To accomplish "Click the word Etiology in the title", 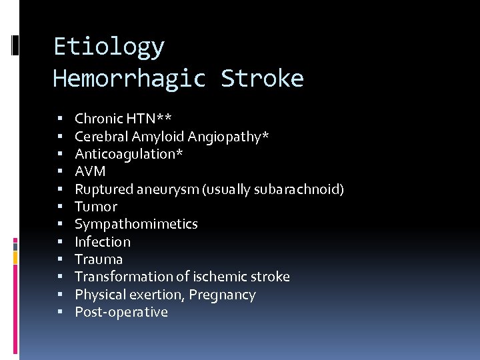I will click(x=109, y=47).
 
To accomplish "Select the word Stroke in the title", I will click(x=262, y=79).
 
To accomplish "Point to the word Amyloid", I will click(x=158, y=137).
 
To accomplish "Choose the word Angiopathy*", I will click(x=229, y=137).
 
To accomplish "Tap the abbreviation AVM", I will click(x=90, y=171).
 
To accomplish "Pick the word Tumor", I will click(x=95, y=207).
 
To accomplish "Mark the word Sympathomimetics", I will click(x=136, y=224).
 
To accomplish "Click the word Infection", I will click(x=103, y=241).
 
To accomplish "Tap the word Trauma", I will click(x=99, y=259).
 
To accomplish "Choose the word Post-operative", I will click(x=121, y=312).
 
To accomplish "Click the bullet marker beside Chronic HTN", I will click(x=60, y=119).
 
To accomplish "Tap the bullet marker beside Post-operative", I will click(x=60, y=312).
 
